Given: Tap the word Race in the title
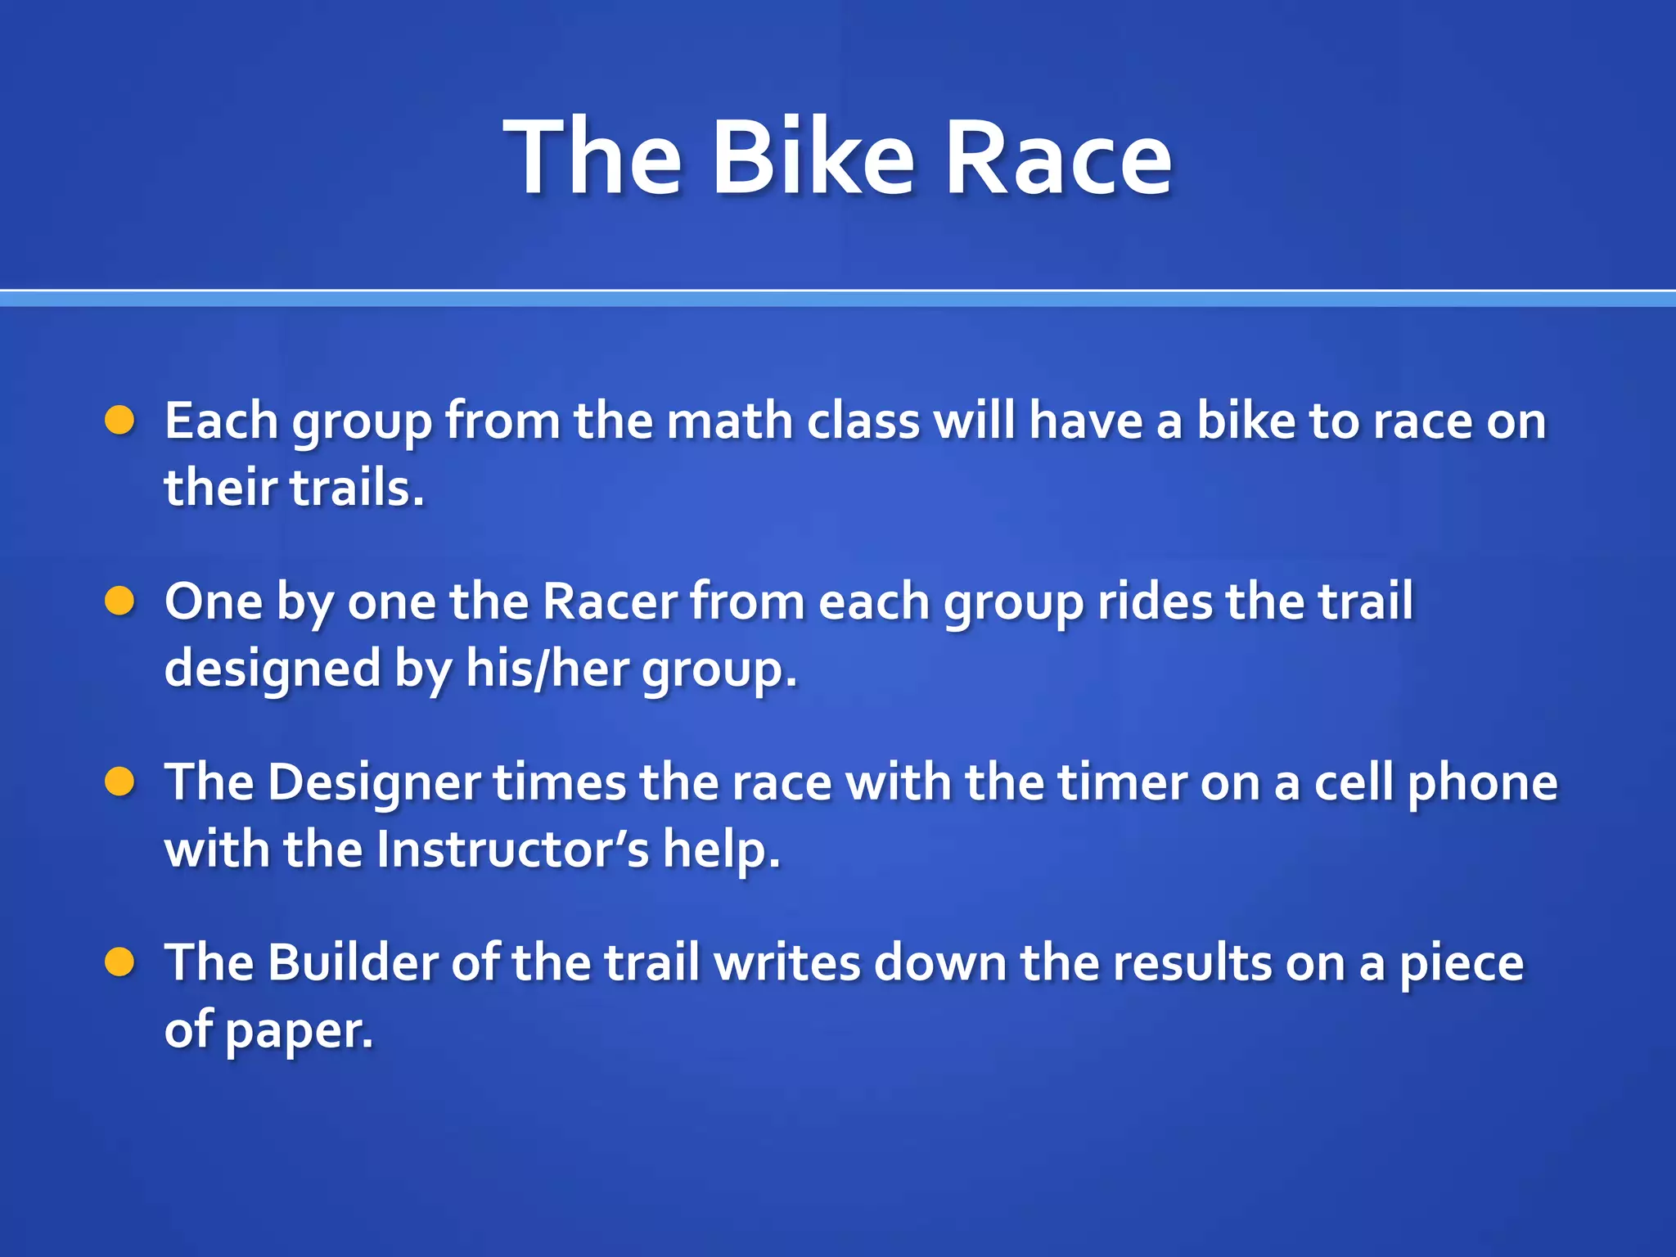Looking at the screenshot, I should (x=1058, y=157).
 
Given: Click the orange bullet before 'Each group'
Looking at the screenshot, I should (x=119, y=421).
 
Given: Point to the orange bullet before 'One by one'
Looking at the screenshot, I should (x=119, y=601).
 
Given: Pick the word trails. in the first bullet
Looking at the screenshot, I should (x=358, y=489).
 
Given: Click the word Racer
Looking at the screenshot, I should (x=610, y=602).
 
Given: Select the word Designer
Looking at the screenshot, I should (x=373, y=783).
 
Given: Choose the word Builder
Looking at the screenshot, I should (x=353, y=963).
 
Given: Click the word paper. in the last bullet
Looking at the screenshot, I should (x=299, y=1031).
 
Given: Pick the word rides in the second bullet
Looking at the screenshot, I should (x=1154, y=602).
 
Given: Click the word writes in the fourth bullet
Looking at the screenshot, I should (x=786, y=963).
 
